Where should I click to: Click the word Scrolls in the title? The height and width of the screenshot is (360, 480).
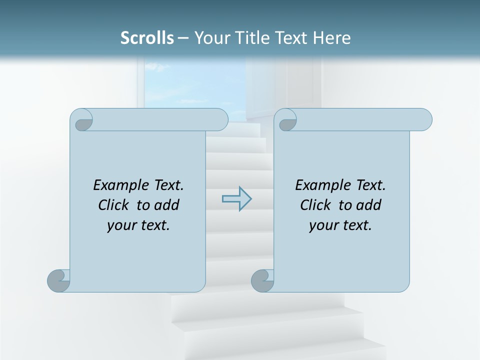coord(147,38)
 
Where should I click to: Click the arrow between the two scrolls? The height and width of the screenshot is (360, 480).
coord(236,199)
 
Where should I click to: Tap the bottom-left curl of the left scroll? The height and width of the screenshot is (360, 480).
coord(59,280)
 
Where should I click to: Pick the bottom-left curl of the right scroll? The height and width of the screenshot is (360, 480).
coord(262,280)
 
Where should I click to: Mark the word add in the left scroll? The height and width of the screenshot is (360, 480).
coord(167,205)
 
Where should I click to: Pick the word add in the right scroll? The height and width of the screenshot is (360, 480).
coord(369,205)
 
